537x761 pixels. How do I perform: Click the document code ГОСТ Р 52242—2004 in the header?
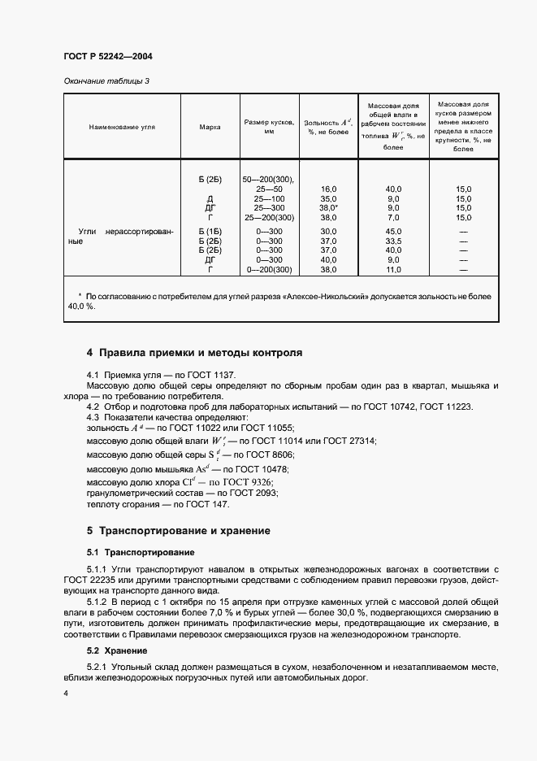pos(107,57)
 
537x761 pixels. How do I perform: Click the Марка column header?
pos(210,127)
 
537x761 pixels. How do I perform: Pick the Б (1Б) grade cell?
pos(210,232)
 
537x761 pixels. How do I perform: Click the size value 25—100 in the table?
pos(268,198)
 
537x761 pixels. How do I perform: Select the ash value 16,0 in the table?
pos(328,188)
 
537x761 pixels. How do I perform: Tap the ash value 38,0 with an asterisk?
pos(328,207)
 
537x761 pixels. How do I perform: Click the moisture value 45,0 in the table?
pos(393,232)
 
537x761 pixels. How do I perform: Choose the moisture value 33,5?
pos(393,241)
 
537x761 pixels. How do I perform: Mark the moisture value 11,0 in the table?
pos(393,269)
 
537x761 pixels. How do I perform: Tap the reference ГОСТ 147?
pos(208,505)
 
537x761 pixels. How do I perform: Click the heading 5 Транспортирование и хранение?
pos(178,531)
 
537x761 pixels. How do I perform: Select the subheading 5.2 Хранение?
pos(116,650)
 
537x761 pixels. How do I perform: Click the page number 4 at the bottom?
pos(65,693)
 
